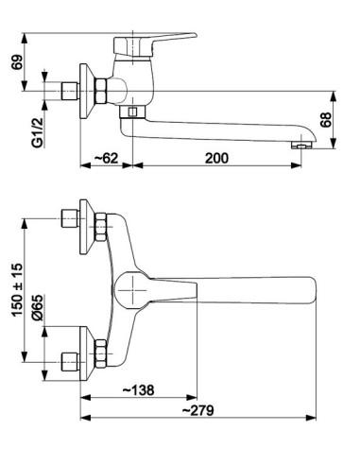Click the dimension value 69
pyautogui.click(x=18, y=62)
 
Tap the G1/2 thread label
pyautogui.click(x=37, y=131)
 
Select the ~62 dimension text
pyautogui.click(x=106, y=158)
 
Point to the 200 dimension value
pyautogui.click(x=216, y=158)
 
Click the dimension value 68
pyautogui.click(x=326, y=119)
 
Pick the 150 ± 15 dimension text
pyautogui.click(x=17, y=290)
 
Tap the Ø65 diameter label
pyautogui.click(x=37, y=308)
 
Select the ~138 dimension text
pyautogui.click(x=138, y=390)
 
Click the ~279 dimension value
pyautogui.click(x=198, y=410)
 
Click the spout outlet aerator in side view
pyautogui.click(x=301, y=146)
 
